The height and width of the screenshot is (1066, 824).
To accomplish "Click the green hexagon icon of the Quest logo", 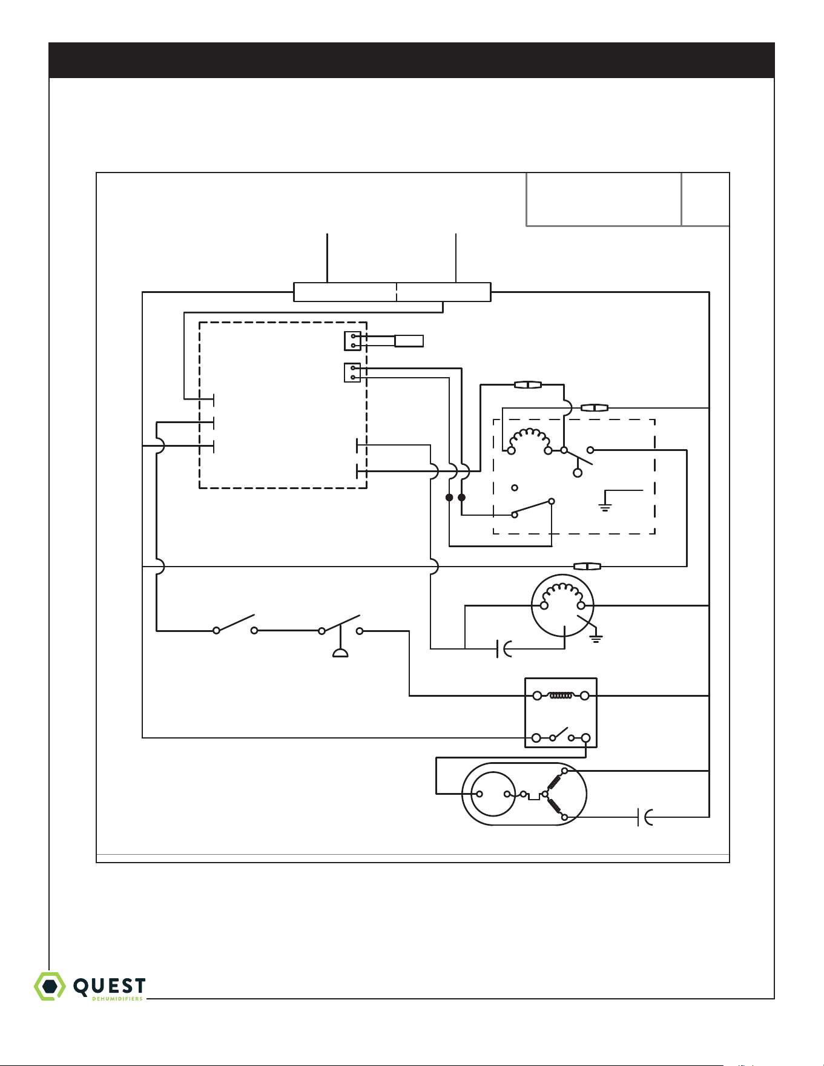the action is [50, 986].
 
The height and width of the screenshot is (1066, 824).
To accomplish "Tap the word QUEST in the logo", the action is [110, 985].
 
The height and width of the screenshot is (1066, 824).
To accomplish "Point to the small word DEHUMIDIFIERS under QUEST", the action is [117, 999].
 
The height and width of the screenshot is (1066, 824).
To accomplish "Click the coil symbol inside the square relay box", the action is [561, 696].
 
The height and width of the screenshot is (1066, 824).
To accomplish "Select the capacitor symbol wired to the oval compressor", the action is [645, 817].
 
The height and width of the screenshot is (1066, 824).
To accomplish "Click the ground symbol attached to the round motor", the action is [597, 637].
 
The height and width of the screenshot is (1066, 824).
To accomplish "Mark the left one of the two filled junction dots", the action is [449, 498].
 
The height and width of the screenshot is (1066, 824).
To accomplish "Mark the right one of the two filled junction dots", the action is [462, 498].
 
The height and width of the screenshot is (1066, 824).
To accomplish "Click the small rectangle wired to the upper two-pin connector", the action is [409, 341].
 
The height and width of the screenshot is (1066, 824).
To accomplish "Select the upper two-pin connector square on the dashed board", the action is [352, 341].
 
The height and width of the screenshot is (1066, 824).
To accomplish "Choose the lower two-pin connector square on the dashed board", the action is [352, 373].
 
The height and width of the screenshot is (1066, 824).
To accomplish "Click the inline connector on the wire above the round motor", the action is [587, 567].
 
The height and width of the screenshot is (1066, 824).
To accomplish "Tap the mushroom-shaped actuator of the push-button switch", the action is [340, 653].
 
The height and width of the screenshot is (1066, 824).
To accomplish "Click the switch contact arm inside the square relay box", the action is [561, 733].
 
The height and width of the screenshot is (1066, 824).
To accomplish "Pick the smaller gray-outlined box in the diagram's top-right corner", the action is [705, 199].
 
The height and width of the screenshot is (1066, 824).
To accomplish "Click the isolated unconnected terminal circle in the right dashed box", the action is [515, 488].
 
